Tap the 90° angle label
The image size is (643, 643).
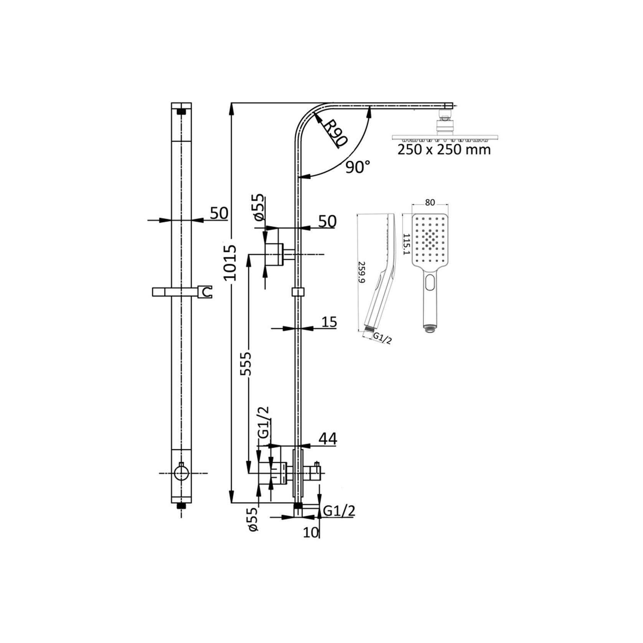click(x=358, y=167)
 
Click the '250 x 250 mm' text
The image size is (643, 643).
click(x=444, y=149)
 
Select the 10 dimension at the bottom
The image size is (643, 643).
click(x=311, y=532)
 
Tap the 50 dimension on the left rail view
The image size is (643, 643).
click(x=219, y=213)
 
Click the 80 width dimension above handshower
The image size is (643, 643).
click(x=430, y=203)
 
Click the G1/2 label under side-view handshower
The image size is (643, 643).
click(x=383, y=338)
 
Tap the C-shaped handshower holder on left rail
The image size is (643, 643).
click(x=206, y=292)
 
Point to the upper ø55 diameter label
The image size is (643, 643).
click(x=259, y=207)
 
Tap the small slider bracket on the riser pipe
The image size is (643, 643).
click(x=298, y=292)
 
